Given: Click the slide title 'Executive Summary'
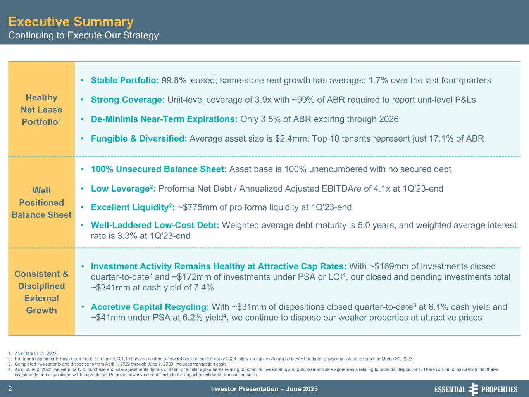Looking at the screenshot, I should tap(71, 21).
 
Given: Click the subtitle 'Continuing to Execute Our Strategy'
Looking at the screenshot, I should tap(83, 35).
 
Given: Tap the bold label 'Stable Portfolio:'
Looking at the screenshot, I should tap(125, 80).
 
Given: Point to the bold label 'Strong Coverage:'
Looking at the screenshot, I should tap(128, 100).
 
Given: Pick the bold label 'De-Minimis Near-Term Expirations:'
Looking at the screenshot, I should tap(164, 119).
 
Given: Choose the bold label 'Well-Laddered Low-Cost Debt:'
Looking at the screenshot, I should tap(155, 225).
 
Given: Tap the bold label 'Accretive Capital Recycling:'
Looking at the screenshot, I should tap(150, 307).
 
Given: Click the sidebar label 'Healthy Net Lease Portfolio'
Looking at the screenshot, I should tap(41, 109).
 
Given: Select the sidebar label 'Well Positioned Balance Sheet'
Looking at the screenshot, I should tap(41, 203).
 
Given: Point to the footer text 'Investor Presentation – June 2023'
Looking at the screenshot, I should tap(264, 389).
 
